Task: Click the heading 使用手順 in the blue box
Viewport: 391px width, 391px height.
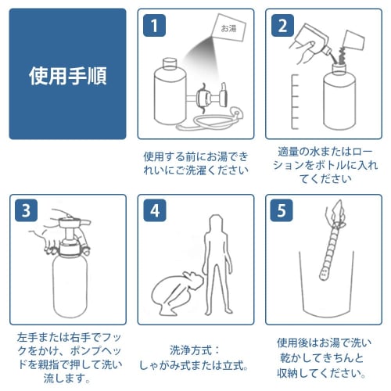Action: click(x=68, y=76)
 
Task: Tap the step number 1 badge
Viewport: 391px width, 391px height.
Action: click(x=154, y=26)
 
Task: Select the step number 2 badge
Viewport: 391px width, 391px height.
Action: click(x=282, y=26)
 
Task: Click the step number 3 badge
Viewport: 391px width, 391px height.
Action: click(x=26, y=210)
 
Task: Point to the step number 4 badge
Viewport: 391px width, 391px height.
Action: click(x=155, y=210)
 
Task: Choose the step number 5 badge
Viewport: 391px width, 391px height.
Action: click(x=282, y=210)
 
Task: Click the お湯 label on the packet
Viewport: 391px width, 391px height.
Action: click(x=228, y=28)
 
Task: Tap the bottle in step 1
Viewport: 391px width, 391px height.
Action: click(x=170, y=91)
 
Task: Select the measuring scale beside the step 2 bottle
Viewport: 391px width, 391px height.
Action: click(x=295, y=102)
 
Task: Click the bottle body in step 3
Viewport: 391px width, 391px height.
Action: click(x=70, y=285)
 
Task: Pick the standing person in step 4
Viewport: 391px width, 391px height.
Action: click(x=217, y=264)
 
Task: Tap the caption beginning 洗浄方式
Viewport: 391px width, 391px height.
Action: click(x=194, y=358)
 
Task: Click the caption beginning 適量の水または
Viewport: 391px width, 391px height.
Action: click(x=325, y=165)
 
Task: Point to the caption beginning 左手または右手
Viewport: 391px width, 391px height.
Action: click(x=70, y=358)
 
